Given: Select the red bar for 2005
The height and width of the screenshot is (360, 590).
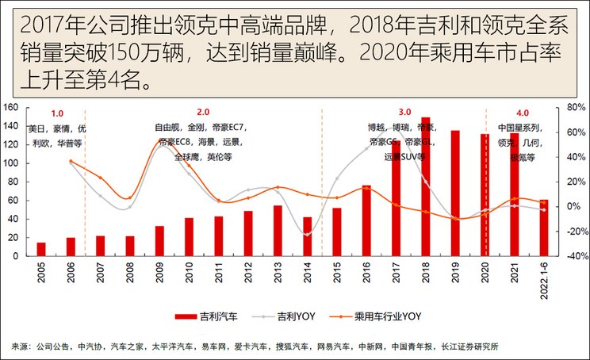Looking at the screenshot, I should click(x=41, y=249).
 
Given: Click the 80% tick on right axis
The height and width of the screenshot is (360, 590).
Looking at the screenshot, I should click(x=576, y=107).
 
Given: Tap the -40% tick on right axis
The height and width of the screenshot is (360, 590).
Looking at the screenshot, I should click(x=576, y=256).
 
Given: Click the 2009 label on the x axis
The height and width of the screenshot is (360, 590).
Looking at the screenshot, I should click(x=159, y=274).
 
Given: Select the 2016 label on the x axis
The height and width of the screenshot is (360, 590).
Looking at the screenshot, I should click(x=366, y=274).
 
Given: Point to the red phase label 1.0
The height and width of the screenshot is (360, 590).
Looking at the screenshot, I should click(x=57, y=113).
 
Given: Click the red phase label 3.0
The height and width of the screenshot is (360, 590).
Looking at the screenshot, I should click(x=404, y=112).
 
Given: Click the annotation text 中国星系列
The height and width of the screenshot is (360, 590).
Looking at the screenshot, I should click(x=520, y=128).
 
